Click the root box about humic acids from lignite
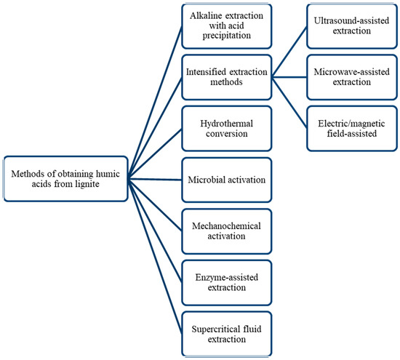65,179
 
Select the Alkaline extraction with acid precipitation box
226,26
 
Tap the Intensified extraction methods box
226,77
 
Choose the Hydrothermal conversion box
226,129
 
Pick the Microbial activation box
226,180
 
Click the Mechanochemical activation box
226,231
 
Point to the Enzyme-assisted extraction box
226,282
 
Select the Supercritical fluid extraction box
226,334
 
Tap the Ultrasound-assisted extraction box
352,26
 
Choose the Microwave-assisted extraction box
352,77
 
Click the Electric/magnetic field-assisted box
352,129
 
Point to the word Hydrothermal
226,124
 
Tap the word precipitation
226,36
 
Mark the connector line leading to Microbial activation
155,180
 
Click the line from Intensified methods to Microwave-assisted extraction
289,77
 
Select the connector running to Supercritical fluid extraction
155,257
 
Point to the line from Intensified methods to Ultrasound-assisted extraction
289,52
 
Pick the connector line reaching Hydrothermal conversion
155,154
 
